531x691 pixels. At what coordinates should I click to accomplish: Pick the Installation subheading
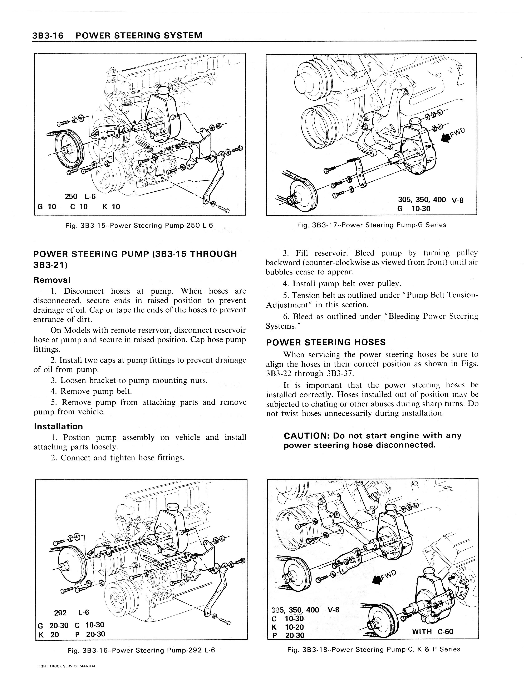click(58, 427)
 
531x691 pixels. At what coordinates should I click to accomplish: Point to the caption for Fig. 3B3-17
click(372, 225)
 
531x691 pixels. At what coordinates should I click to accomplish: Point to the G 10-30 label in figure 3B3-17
click(414, 209)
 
